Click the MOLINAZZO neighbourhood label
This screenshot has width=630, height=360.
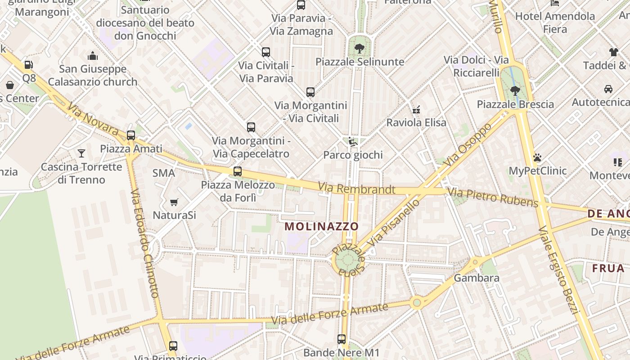click(322, 226)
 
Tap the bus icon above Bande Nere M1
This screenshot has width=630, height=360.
click(342, 339)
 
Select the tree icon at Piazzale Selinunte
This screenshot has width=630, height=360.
click(359, 48)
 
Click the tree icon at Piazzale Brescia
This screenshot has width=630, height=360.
click(515, 91)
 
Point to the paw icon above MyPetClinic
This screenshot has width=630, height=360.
click(537, 157)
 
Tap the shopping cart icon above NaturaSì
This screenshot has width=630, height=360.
click(174, 202)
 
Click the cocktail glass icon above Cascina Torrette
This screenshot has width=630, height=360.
click(81, 153)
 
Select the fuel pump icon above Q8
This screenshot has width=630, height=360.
click(29, 65)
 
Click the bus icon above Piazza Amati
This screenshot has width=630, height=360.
click(131, 135)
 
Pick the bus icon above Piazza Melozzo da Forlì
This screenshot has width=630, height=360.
click(238, 171)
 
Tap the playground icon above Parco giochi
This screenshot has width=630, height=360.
click(353, 142)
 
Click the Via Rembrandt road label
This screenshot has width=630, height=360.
click(356, 189)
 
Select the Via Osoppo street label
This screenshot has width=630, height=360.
click(468, 144)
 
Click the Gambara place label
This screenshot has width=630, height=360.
click(476, 278)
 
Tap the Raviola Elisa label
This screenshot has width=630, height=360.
click(416, 122)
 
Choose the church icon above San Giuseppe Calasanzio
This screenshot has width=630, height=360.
click(93, 56)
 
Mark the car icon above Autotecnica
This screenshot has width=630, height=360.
click(608, 89)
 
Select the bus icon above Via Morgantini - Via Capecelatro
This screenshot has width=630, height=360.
click(251, 127)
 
